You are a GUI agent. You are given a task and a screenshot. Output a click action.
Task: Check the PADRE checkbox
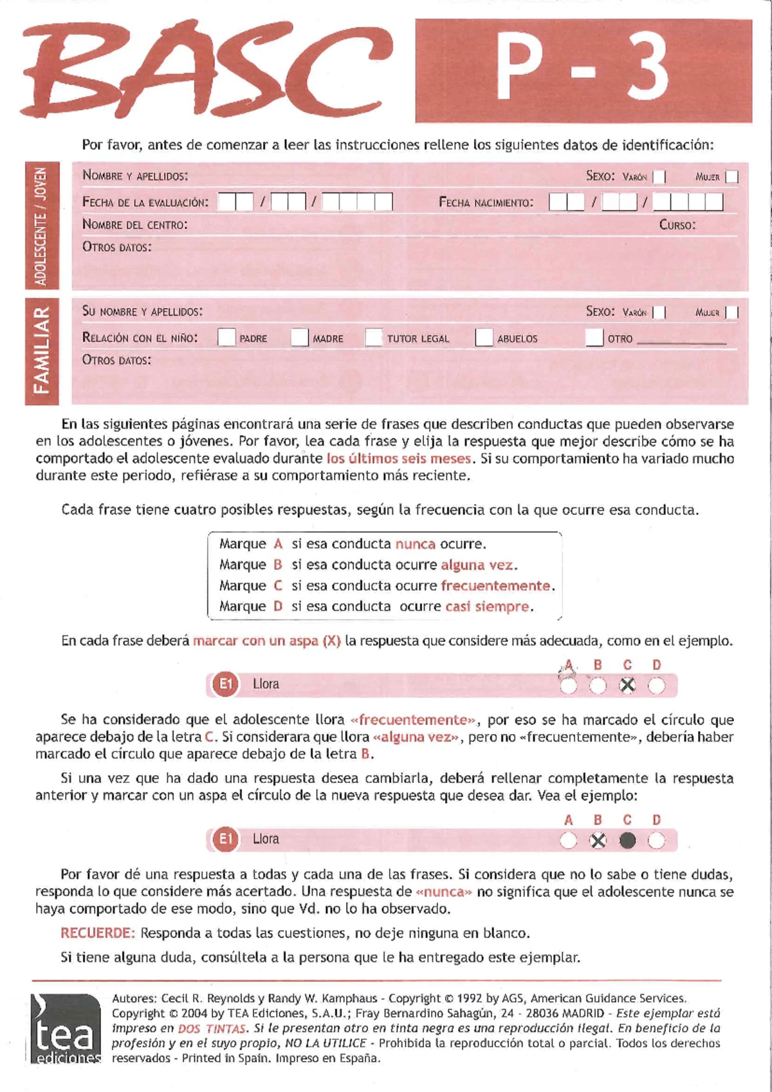(226, 337)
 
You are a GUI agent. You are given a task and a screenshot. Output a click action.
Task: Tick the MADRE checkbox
(300, 337)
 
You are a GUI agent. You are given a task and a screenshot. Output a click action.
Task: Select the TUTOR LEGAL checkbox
(374, 337)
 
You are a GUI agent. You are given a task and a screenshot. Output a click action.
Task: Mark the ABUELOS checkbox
(484, 337)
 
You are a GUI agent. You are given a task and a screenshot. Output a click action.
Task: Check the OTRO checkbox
(594, 337)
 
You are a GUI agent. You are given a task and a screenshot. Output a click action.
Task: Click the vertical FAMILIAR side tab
(42, 351)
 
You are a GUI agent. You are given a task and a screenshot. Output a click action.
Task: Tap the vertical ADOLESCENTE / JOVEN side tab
(42, 225)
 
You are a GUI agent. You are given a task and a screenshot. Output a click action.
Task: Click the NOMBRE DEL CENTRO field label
(134, 225)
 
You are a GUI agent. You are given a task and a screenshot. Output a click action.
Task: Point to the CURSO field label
(677, 225)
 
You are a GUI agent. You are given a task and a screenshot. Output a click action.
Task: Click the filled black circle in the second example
(627, 841)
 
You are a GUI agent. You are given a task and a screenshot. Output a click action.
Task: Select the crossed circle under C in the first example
(627, 686)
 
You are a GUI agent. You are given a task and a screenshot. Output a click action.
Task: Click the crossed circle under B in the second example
(598, 841)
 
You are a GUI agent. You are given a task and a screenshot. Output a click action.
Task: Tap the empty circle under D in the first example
(656, 686)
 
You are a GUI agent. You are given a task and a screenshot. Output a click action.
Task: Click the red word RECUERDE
(97, 933)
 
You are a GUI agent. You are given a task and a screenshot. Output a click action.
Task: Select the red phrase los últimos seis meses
(399, 458)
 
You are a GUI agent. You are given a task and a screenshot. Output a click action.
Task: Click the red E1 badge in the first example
(225, 684)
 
